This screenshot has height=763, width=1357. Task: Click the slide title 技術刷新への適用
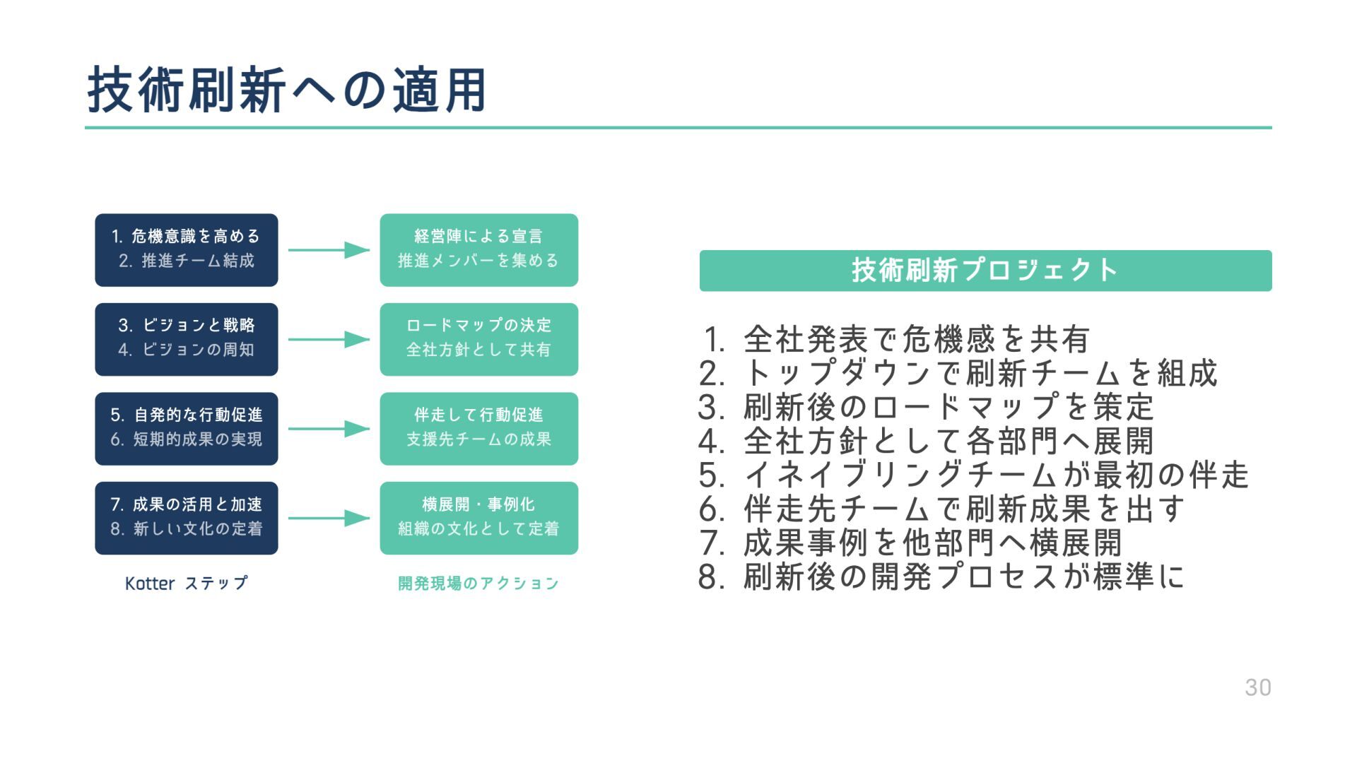click(x=286, y=90)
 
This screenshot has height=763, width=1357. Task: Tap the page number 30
click(x=1257, y=687)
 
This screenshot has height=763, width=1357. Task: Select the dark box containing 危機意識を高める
click(x=187, y=250)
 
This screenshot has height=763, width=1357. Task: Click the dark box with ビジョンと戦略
click(x=187, y=339)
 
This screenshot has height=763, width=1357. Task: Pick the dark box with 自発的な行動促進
click(x=187, y=429)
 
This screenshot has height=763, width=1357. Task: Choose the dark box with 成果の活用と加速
click(x=187, y=518)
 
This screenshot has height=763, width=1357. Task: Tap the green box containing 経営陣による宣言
click(x=478, y=250)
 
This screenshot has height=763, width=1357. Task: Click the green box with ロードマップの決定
click(x=478, y=339)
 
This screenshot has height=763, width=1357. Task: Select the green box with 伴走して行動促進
click(x=478, y=429)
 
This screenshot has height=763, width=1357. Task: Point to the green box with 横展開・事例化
click(x=478, y=518)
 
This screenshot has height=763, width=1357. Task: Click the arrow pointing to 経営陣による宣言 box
click(x=329, y=250)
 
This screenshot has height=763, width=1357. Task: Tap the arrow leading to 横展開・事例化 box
click(x=329, y=518)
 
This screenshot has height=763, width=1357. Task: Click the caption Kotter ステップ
click(x=187, y=584)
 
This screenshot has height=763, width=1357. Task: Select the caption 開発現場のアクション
click(x=478, y=584)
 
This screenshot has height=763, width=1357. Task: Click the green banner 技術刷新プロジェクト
click(x=985, y=271)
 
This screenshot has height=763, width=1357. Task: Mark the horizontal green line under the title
click(x=678, y=128)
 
